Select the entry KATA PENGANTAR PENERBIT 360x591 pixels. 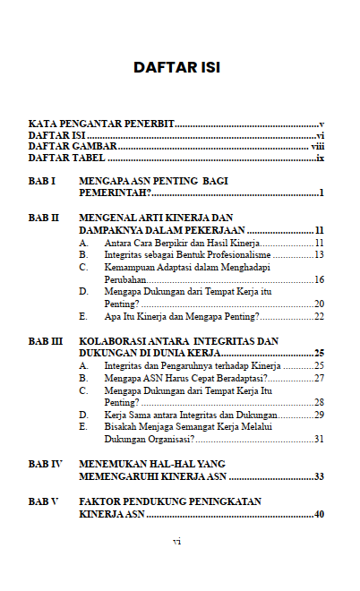[101, 123]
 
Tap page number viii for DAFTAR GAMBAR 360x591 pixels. [317, 146]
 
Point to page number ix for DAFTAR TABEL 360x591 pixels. [319, 158]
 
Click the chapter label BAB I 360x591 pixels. [42, 181]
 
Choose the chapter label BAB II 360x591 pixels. [44, 218]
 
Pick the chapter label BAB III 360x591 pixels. [46, 341]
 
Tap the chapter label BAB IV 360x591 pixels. [45, 465]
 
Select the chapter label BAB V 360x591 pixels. [43, 501]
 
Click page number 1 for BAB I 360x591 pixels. [321, 193]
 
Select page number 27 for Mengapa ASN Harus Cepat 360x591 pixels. [318, 378]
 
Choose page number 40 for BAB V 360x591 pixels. [318, 514]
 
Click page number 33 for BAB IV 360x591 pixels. [318, 477]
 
